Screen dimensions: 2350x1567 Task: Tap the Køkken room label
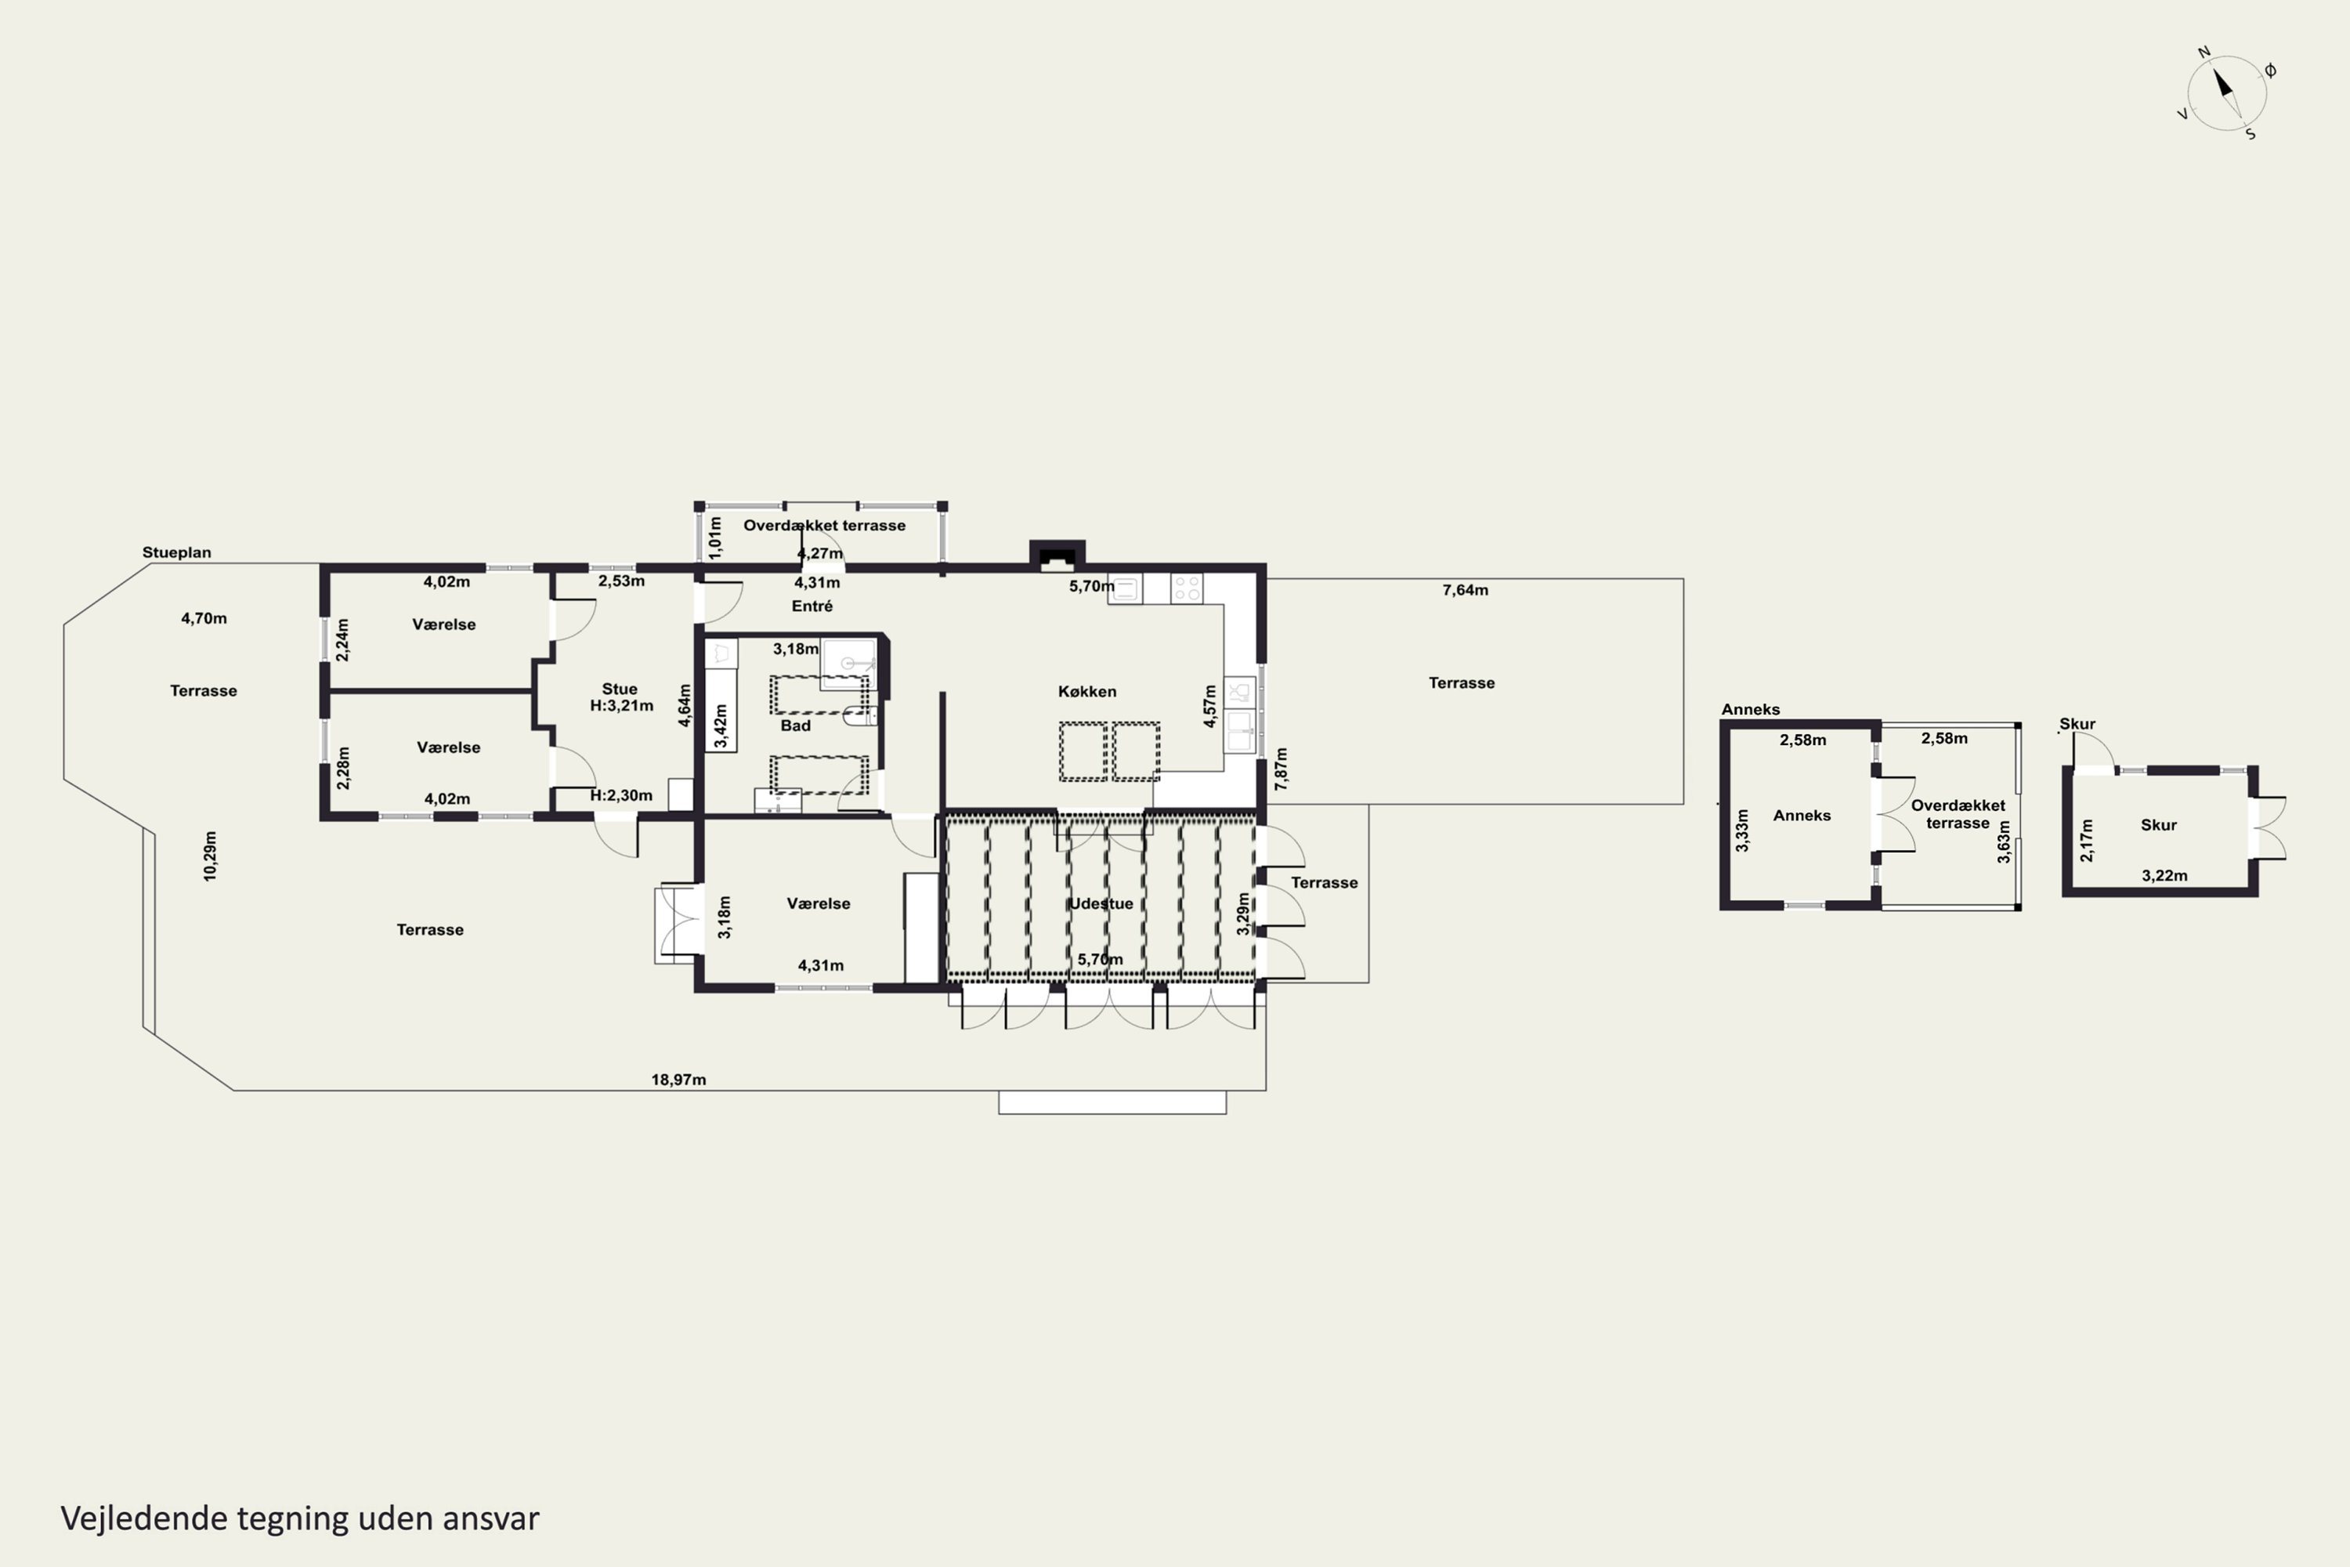(1087, 692)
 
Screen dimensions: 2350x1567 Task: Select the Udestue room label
(1101, 903)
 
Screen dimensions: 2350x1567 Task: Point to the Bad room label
(795, 726)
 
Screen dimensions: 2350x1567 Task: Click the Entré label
(812, 606)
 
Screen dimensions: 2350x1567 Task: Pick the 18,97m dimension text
(678, 1080)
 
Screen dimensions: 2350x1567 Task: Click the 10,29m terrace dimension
(210, 856)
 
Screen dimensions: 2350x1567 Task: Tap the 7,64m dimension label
(1465, 591)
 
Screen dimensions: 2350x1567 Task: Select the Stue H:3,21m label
(620, 697)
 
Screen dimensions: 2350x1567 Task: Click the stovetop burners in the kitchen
(1187, 588)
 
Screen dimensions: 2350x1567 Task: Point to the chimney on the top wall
(1057, 555)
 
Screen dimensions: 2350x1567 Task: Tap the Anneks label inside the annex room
(1802, 816)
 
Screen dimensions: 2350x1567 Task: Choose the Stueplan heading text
(177, 552)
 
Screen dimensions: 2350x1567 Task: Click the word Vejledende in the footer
(145, 1518)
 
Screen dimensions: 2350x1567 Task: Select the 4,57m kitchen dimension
(1210, 706)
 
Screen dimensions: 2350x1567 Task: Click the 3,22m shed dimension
(2164, 875)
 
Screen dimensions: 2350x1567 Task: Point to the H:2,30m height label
(620, 795)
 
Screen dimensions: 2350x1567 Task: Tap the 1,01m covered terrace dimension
(714, 537)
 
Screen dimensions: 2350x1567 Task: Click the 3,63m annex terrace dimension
(2003, 841)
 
